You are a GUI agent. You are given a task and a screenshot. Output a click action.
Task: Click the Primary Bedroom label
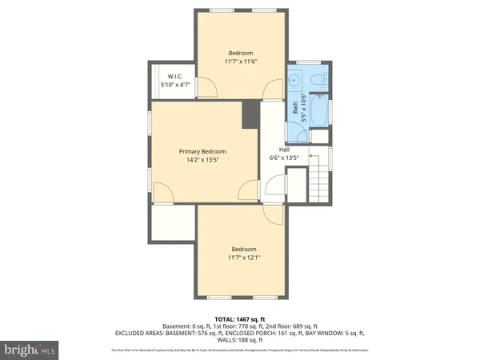(202, 151)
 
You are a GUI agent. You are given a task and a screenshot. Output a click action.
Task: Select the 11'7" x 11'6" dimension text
(240, 62)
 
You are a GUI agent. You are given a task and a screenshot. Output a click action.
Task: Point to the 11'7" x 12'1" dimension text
(243, 257)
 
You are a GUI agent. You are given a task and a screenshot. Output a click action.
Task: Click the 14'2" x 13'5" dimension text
(202, 160)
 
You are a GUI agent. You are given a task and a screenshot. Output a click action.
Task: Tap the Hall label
(284, 150)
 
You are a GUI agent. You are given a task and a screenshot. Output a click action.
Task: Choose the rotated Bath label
(294, 107)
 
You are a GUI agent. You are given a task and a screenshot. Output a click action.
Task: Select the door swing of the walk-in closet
(204, 86)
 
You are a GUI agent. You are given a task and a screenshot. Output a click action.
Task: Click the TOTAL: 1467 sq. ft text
(240, 318)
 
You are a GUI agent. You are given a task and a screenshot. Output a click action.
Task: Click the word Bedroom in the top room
(240, 53)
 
